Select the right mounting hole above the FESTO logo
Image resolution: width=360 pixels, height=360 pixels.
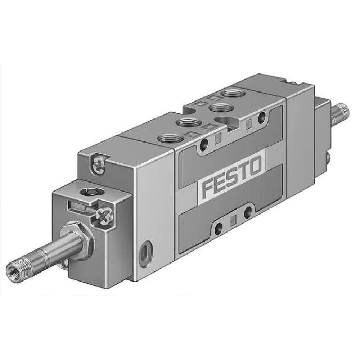[262, 116]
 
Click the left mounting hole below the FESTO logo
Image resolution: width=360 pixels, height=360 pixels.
[219, 228]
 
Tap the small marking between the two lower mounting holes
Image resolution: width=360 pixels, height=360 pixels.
[233, 220]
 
